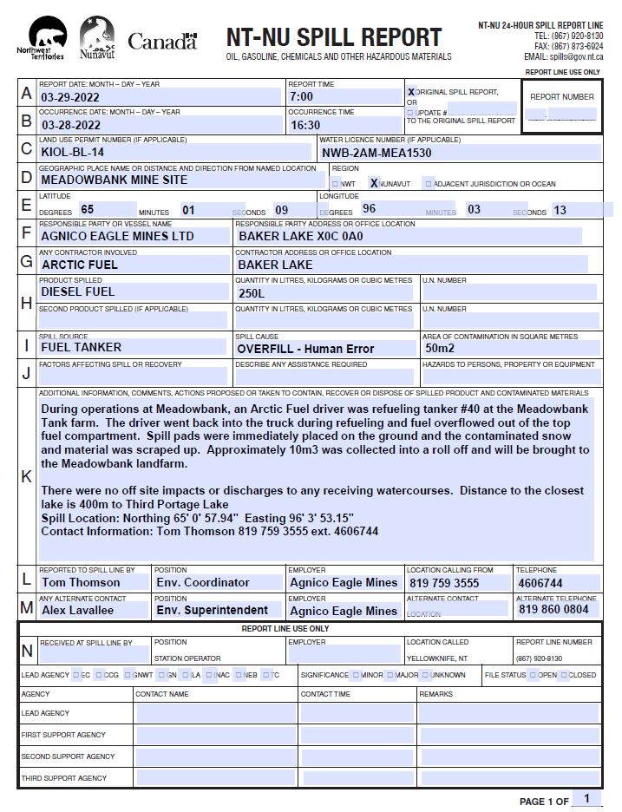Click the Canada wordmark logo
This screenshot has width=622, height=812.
[x=162, y=41]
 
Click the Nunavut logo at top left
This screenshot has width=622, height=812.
[x=96, y=40]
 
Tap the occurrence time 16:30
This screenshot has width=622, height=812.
[x=305, y=125]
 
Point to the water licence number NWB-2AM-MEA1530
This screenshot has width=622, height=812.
[x=376, y=153]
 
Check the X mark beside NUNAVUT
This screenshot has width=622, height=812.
[x=374, y=183]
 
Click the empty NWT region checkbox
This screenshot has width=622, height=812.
[x=336, y=184]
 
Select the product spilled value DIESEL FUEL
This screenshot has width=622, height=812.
[x=78, y=292]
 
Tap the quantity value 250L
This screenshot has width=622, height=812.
[x=252, y=293]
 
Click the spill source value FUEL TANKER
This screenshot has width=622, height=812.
[x=82, y=348]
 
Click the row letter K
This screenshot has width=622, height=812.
[x=27, y=476]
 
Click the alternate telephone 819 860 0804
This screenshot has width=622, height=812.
[x=553, y=610]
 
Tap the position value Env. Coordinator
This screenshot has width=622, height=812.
[x=203, y=583]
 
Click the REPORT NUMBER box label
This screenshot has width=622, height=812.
[x=562, y=97]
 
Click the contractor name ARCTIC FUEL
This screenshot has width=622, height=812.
[x=80, y=265]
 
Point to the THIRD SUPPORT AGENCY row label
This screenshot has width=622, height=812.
[x=64, y=778]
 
